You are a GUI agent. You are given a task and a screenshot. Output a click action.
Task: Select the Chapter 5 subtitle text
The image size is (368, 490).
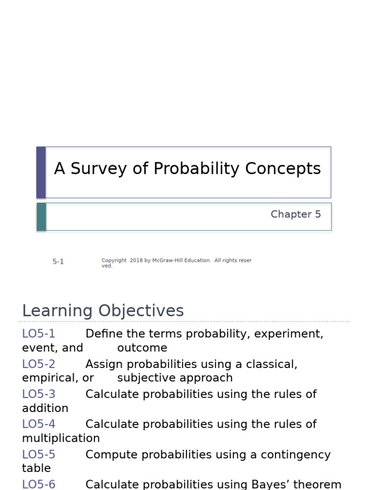coord(296,214)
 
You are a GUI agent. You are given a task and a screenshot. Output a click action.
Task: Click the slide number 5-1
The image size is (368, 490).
coord(58,262)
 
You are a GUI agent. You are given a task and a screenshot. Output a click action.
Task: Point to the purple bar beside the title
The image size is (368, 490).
coord(41,172)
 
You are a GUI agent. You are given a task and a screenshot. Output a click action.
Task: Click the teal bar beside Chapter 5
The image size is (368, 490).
coord(41,217)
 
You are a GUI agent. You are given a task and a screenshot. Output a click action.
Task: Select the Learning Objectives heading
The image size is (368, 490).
coord(103,311)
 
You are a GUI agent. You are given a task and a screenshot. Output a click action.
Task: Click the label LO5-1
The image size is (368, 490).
coord(39,334)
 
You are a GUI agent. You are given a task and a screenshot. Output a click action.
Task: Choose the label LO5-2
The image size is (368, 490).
coord(39,364)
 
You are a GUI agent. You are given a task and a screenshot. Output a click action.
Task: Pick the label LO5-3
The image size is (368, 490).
coord(39,394)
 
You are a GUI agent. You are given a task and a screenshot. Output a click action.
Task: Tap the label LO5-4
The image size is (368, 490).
coord(39,424)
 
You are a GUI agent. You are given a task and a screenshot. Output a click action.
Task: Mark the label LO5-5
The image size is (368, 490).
coord(39,455)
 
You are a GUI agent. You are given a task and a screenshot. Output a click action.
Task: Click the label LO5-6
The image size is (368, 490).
coord(39,484)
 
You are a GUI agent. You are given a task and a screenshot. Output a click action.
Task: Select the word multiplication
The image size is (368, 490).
coord(61,438)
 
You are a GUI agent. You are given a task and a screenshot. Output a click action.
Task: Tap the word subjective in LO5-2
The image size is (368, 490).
coord(144,378)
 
